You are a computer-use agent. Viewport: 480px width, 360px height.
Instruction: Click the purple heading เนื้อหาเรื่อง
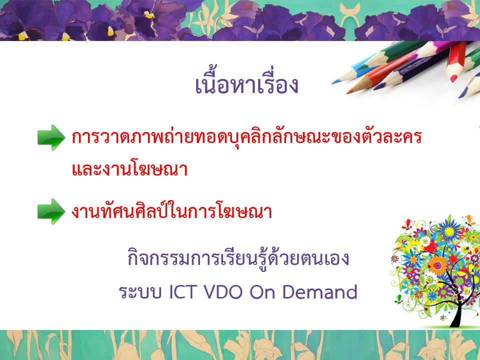point(246,82)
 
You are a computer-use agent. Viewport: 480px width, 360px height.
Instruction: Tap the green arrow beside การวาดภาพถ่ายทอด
point(51,137)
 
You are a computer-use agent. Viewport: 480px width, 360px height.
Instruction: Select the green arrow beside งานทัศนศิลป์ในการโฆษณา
point(51,211)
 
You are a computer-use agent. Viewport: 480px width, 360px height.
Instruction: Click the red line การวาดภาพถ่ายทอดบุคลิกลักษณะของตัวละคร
point(246,136)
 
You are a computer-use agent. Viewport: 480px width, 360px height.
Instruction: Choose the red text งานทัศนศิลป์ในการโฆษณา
point(171,210)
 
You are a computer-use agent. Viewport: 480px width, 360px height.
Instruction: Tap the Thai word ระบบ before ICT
point(140,292)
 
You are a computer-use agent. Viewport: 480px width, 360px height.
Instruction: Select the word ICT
point(183,291)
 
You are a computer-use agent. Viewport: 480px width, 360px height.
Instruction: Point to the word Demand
point(319,291)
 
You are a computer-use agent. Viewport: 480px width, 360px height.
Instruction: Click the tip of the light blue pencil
point(333,83)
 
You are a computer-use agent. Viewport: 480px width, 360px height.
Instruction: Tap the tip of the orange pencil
point(348,92)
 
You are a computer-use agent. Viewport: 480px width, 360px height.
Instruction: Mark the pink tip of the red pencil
point(453,78)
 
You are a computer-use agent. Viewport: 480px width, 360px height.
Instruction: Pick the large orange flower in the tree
point(437,265)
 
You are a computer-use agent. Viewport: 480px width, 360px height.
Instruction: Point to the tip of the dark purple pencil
point(375,88)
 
